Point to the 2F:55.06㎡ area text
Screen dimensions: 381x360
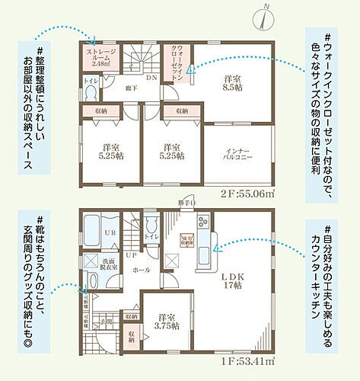[247, 194]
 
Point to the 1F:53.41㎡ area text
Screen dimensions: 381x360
[247, 360]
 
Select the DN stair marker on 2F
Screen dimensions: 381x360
[151, 77]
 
